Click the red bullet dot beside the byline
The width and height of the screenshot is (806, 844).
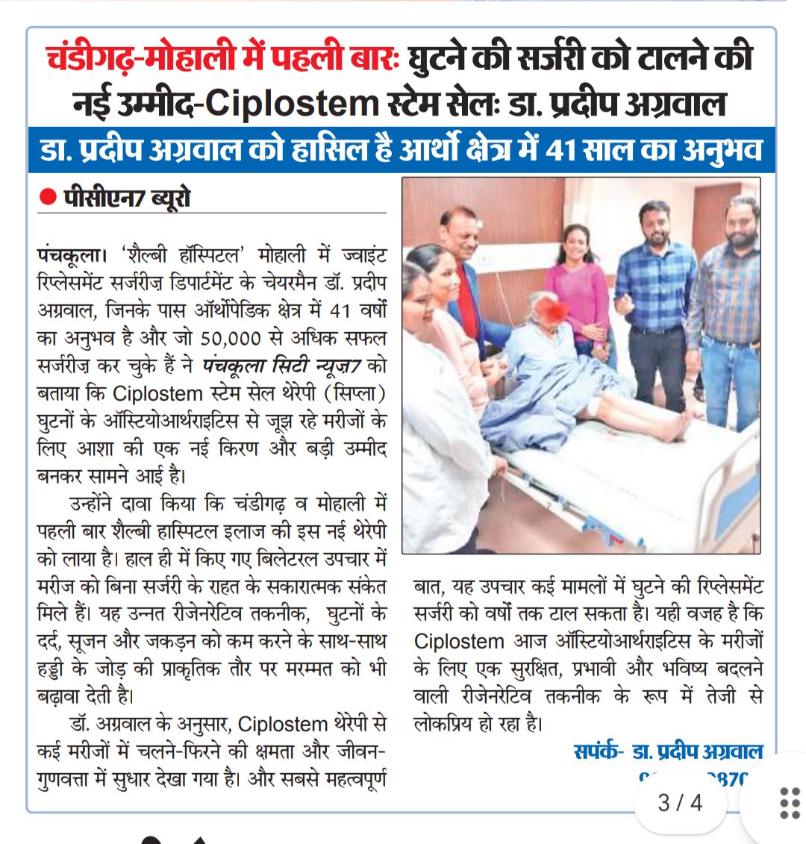49,198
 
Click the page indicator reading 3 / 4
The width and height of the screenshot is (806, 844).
680,803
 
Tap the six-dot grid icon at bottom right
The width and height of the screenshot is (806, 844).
789,803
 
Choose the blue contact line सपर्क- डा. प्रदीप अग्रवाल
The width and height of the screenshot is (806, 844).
668,751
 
